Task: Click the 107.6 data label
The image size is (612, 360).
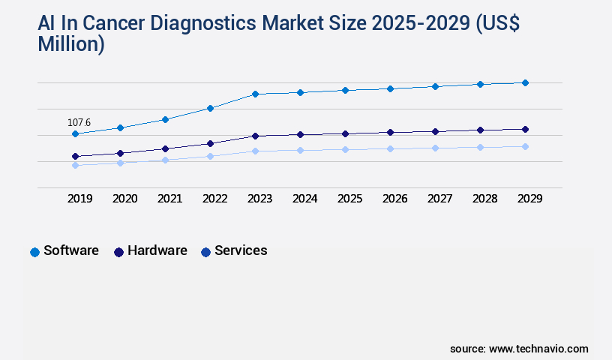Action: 79,122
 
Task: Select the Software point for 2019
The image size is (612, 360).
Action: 75,134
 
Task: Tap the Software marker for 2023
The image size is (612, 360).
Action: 255,94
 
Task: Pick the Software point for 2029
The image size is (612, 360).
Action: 525,82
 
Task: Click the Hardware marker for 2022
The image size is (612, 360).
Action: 210,143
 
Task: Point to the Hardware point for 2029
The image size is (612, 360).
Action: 525,129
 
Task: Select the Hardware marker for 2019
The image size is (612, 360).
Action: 75,156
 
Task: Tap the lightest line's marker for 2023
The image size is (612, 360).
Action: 255,151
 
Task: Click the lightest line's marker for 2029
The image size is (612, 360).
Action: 525,146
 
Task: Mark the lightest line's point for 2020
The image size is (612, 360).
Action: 120,163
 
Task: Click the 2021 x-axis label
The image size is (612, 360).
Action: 169,199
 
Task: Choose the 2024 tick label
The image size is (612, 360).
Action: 304,199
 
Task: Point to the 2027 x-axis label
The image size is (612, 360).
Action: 439,199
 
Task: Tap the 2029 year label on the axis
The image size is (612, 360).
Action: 529,199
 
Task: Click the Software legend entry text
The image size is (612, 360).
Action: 71,250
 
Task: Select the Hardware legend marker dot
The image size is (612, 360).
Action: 118,252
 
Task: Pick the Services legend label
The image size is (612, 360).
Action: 241,250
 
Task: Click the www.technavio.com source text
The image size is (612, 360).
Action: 538,349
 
